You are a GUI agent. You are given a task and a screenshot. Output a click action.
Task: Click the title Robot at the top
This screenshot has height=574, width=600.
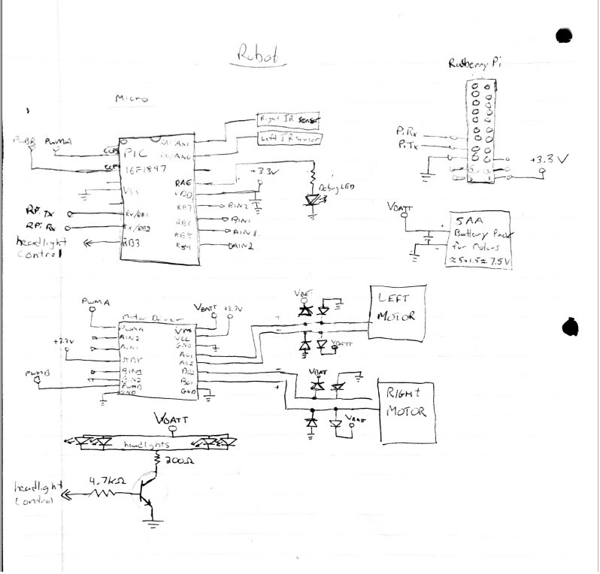coord(257,55)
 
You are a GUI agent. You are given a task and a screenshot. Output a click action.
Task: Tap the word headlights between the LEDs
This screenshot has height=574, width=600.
coord(147,445)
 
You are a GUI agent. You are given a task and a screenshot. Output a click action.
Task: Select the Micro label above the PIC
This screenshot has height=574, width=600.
coord(131,98)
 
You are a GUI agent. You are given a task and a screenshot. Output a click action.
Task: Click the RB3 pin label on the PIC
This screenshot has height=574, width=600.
coord(133,242)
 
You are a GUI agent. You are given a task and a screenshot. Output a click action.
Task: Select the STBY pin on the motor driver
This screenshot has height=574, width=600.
coord(131,361)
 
